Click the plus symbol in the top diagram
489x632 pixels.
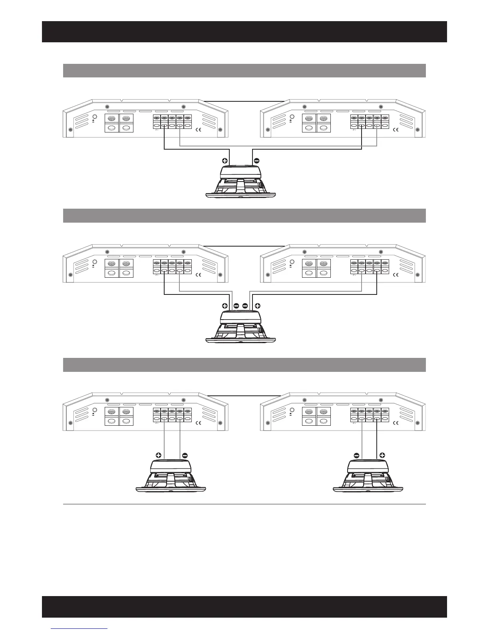click(225, 161)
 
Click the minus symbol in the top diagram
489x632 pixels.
click(256, 161)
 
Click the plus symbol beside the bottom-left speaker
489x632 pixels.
click(159, 455)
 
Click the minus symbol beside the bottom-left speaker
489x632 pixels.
click(185, 455)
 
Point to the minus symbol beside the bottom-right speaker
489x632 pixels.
click(356, 455)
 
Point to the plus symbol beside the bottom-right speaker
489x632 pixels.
click(382, 455)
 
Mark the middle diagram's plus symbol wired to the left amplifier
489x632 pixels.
click(225, 306)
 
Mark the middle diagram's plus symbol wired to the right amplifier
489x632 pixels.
click(258, 306)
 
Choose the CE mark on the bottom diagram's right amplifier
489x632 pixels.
click(397, 423)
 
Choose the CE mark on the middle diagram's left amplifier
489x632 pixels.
click(201, 275)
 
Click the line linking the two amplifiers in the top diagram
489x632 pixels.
click(244, 101)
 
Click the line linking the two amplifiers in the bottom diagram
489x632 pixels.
click(244, 395)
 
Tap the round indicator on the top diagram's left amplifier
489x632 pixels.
click(95, 117)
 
